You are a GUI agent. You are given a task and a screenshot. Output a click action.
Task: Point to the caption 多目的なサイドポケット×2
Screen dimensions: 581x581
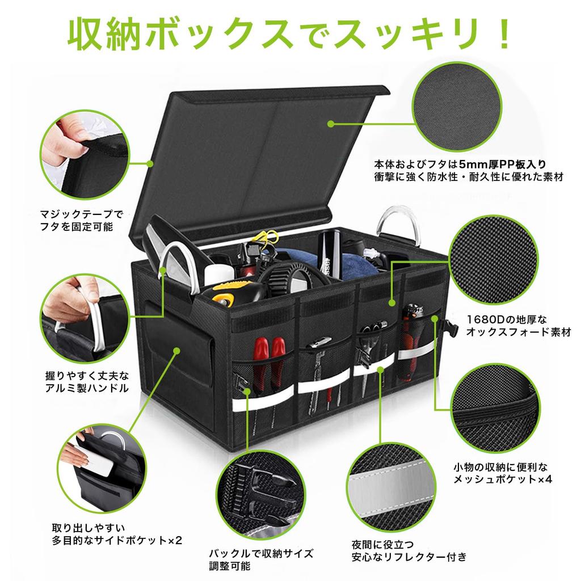click(x=117, y=540)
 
